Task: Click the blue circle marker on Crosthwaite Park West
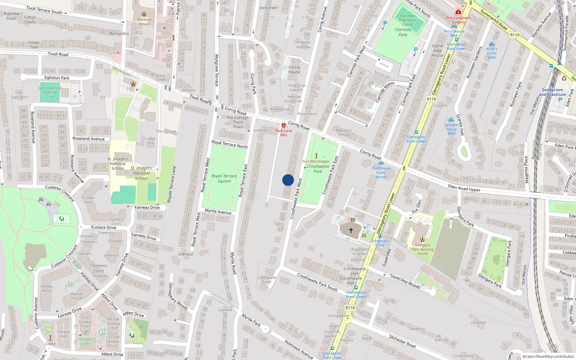click(x=288, y=180)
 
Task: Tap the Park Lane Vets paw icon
click(x=284, y=125)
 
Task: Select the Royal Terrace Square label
click(x=224, y=179)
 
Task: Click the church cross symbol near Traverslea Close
click(x=351, y=230)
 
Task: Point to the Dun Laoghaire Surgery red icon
click(x=458, y=12)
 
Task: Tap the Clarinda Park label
click(x=402, y=32)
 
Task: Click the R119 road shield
click(x=515, y=35)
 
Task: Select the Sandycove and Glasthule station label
click(x=552, y=92)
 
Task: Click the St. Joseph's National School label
click(x=118, y=163)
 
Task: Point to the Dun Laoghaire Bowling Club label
click(x=50, y=92)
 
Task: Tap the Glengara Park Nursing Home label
click(x=422, y=249)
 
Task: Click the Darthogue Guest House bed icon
click(x=381, y=163)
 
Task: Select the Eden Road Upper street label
click(x=464, y=188)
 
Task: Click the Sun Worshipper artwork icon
click(x=316, y=156)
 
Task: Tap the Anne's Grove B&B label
click(x=491, y=53)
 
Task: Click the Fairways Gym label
click(x=85, y=341)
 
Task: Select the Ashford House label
click(x=144, y=22)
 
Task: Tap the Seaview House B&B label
click(x=451, y=129)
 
